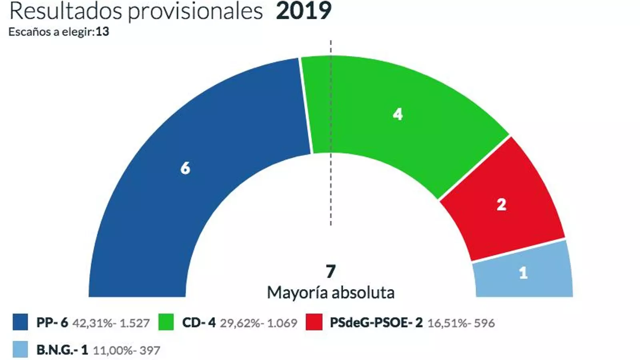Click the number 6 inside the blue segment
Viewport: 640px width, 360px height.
(185, 168)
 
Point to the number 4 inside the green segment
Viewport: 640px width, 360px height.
(398, 115)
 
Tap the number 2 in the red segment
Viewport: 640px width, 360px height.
(501, 205)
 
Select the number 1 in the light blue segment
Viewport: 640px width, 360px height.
(523, 273)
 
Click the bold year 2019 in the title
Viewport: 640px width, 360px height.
(304, 11)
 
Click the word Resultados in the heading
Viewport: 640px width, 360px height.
(66, 11)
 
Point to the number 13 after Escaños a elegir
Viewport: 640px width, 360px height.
(102, 32)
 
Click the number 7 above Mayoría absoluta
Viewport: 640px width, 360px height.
(330, 272)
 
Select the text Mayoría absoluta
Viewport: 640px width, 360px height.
(330, 293)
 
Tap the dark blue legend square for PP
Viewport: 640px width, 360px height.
(20, 322)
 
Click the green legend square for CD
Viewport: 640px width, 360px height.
(166, 322)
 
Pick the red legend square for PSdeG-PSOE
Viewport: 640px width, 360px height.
(314, 322)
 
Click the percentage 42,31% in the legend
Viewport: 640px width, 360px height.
(92, 323)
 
